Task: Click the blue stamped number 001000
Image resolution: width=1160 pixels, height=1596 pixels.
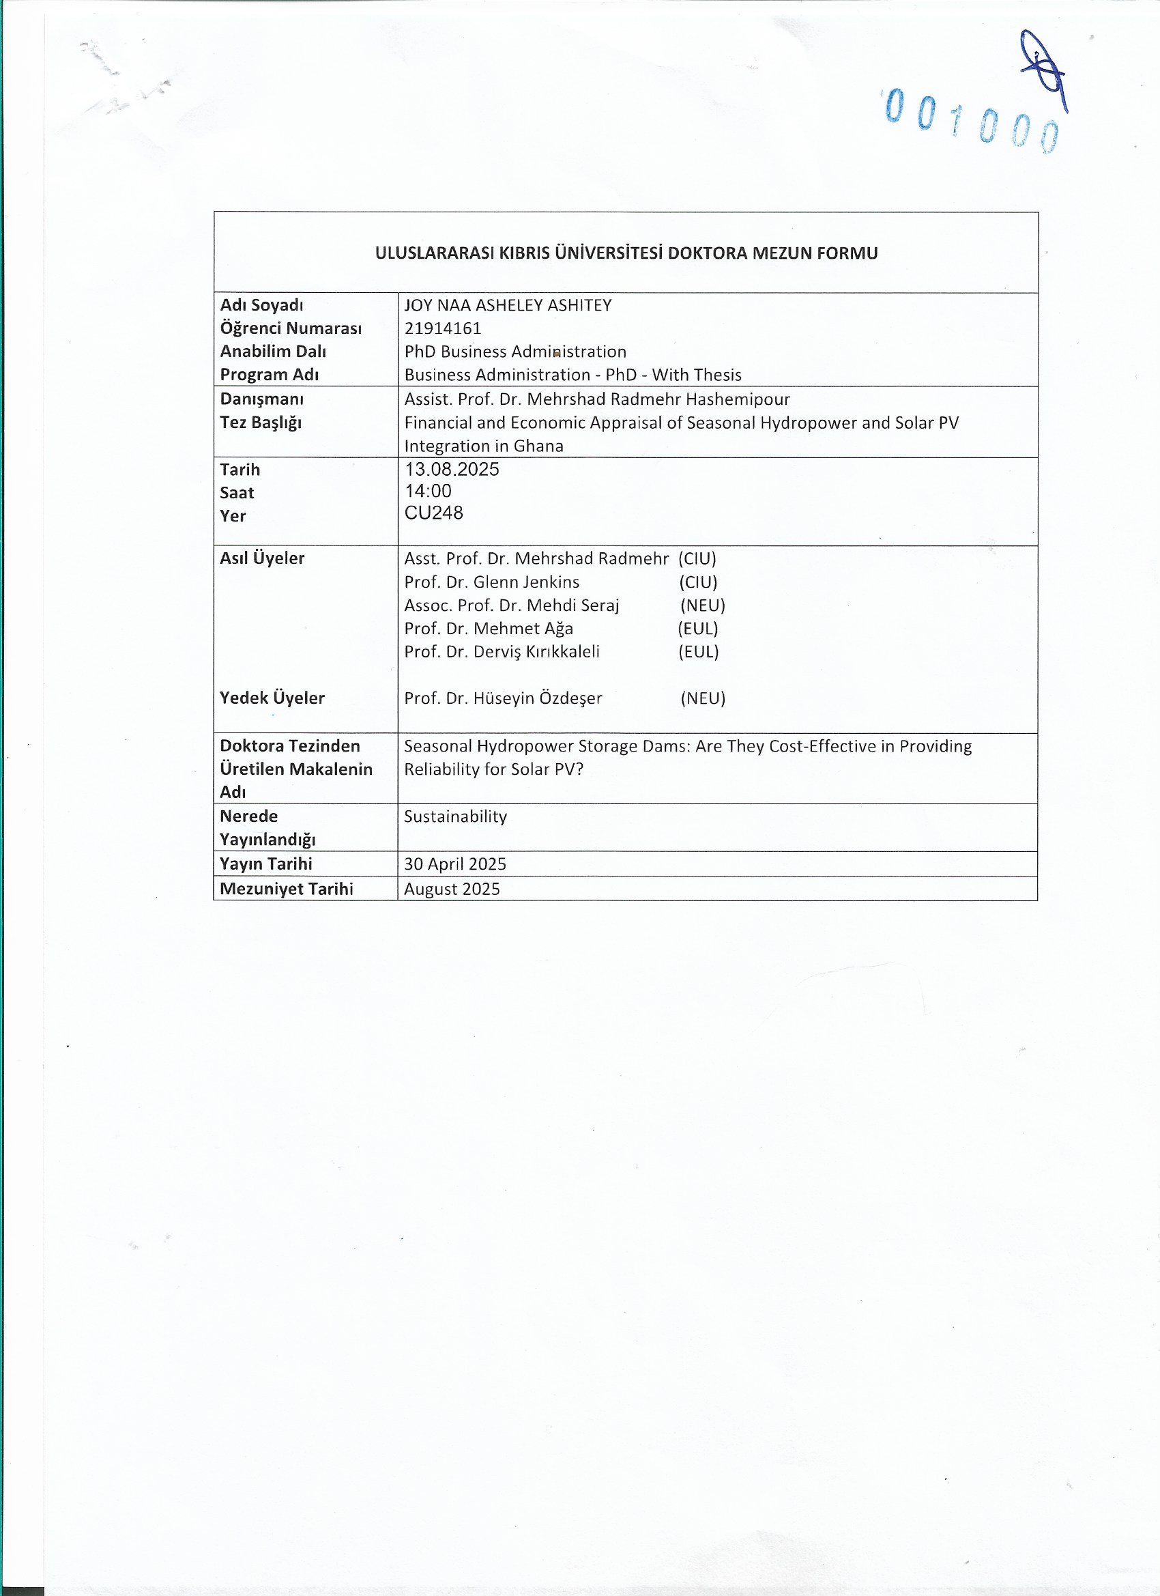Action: point(971,120)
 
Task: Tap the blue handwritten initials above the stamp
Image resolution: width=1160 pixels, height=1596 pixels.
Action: point(1044,70)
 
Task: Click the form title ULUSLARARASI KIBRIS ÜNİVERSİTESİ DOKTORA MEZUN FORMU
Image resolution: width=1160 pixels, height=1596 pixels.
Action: point(626,253)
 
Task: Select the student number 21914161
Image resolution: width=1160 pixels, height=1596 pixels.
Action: point(442,328)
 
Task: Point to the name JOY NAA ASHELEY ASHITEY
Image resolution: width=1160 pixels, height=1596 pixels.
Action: point(507,304)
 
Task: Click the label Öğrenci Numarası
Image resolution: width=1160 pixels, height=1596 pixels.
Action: point(291,328)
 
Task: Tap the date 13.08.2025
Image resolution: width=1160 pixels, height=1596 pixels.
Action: point(452,470)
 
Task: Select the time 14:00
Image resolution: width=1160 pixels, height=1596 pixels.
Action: point(428,491)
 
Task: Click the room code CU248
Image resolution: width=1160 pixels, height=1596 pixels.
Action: point(433,513)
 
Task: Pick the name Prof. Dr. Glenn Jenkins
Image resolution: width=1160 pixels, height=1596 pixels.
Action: point(492,582)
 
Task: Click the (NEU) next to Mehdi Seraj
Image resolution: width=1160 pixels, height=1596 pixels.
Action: point(702,605)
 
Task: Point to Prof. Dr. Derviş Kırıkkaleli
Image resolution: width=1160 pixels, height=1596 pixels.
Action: point(502,652)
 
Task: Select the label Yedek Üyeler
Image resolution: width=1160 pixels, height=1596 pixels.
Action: point(272,698)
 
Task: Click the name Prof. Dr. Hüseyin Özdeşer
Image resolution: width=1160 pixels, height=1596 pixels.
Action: point(503,698)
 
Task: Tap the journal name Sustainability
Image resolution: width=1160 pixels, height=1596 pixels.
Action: point(455,816)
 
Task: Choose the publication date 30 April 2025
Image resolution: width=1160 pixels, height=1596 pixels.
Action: point(454,864)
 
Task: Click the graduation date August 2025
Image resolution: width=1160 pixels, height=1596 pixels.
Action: point(452,889)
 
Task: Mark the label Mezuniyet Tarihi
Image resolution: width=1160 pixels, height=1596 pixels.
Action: point(287,889)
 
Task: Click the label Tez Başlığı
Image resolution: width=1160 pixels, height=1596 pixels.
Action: point(260,423)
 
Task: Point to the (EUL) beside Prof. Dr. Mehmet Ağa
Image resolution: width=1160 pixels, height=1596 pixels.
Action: point(698,629)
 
